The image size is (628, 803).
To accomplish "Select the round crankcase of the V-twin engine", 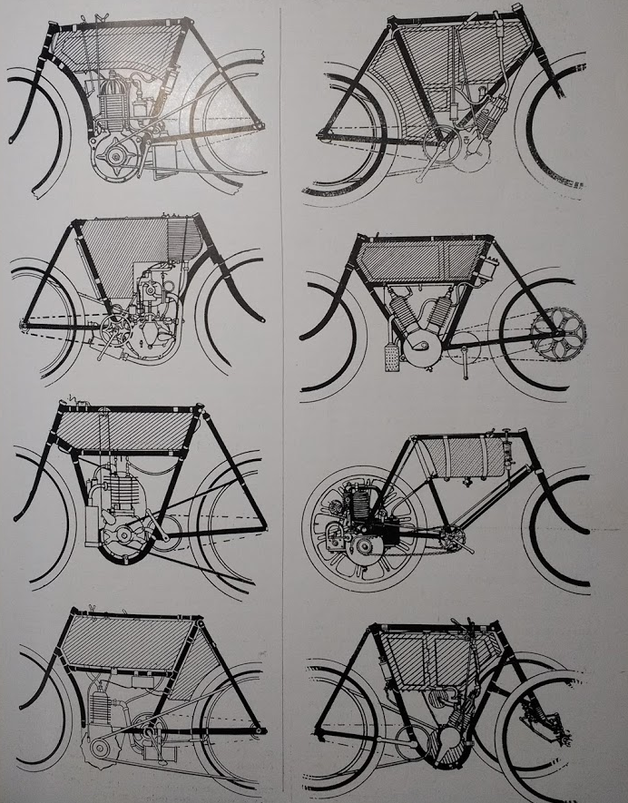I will click(424, 348).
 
